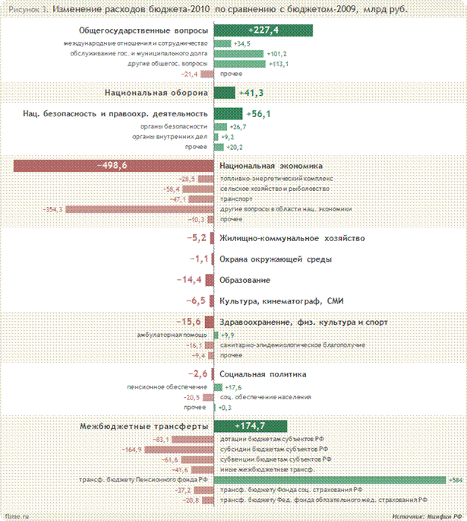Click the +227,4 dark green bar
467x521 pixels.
263,31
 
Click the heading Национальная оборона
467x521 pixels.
156,92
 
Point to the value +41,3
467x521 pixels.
251,92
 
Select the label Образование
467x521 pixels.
244,281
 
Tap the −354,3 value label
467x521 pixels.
53,208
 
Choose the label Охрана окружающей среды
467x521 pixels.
274,259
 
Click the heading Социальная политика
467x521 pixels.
263,374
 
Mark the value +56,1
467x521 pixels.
259,113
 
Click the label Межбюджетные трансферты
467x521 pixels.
144,426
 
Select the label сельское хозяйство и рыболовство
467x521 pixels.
274,189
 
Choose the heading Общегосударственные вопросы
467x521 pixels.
144,31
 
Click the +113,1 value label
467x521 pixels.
279,64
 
